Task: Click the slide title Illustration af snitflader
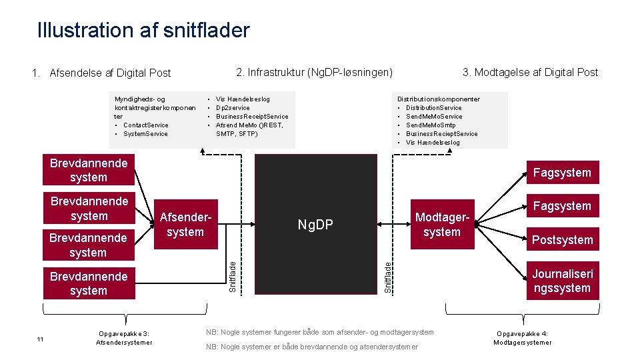tap(143, 30)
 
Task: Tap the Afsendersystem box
tap(185, 225)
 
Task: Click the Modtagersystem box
tap(442, 225)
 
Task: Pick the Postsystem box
tap(562, 240)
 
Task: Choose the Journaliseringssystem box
tap(562, 281)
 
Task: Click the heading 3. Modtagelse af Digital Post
tap(531, 72)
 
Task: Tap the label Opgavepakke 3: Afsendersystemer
tap(124, 338)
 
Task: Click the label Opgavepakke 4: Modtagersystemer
tap(522, 338)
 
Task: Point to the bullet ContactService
tap(145, 125)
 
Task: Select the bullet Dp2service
tap(233, 108)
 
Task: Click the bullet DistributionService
tap(433, 108)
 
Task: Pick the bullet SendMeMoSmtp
tap(431, 125)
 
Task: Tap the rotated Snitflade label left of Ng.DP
tap(232, 276)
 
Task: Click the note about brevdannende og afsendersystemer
tap(312, 347)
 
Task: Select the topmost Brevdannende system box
tap(89, 170)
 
